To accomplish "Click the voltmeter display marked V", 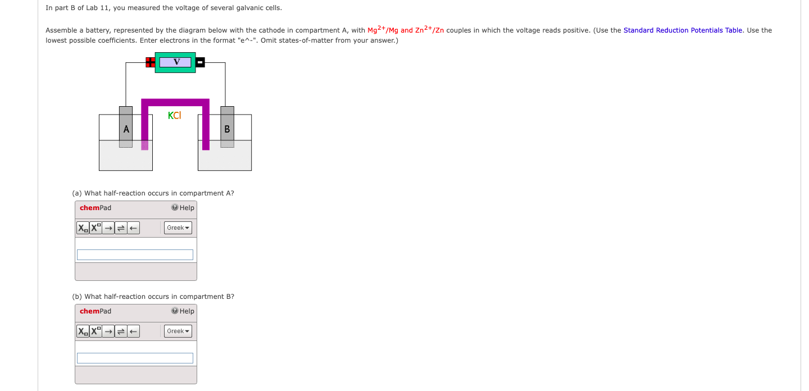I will tap(176, 62).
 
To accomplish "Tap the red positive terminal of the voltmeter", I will tap(150, 62).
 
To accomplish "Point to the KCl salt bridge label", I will tap(174, 116).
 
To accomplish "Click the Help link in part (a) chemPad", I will tap(183, 208).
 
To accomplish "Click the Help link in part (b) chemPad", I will tap(183, 311).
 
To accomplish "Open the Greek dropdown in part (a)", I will tap(178, 228).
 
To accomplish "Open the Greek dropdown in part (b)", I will tap(178, 331).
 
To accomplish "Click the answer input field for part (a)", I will tap(135, 254).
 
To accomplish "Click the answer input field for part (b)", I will tap(135, 358).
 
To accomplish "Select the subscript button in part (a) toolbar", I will tap(83, 228).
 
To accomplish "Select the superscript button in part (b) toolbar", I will tap(96, 331).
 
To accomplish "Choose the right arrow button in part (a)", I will tap(108, 228).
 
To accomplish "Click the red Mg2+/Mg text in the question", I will tap(383, 30).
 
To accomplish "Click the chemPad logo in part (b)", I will tap(96, 311).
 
